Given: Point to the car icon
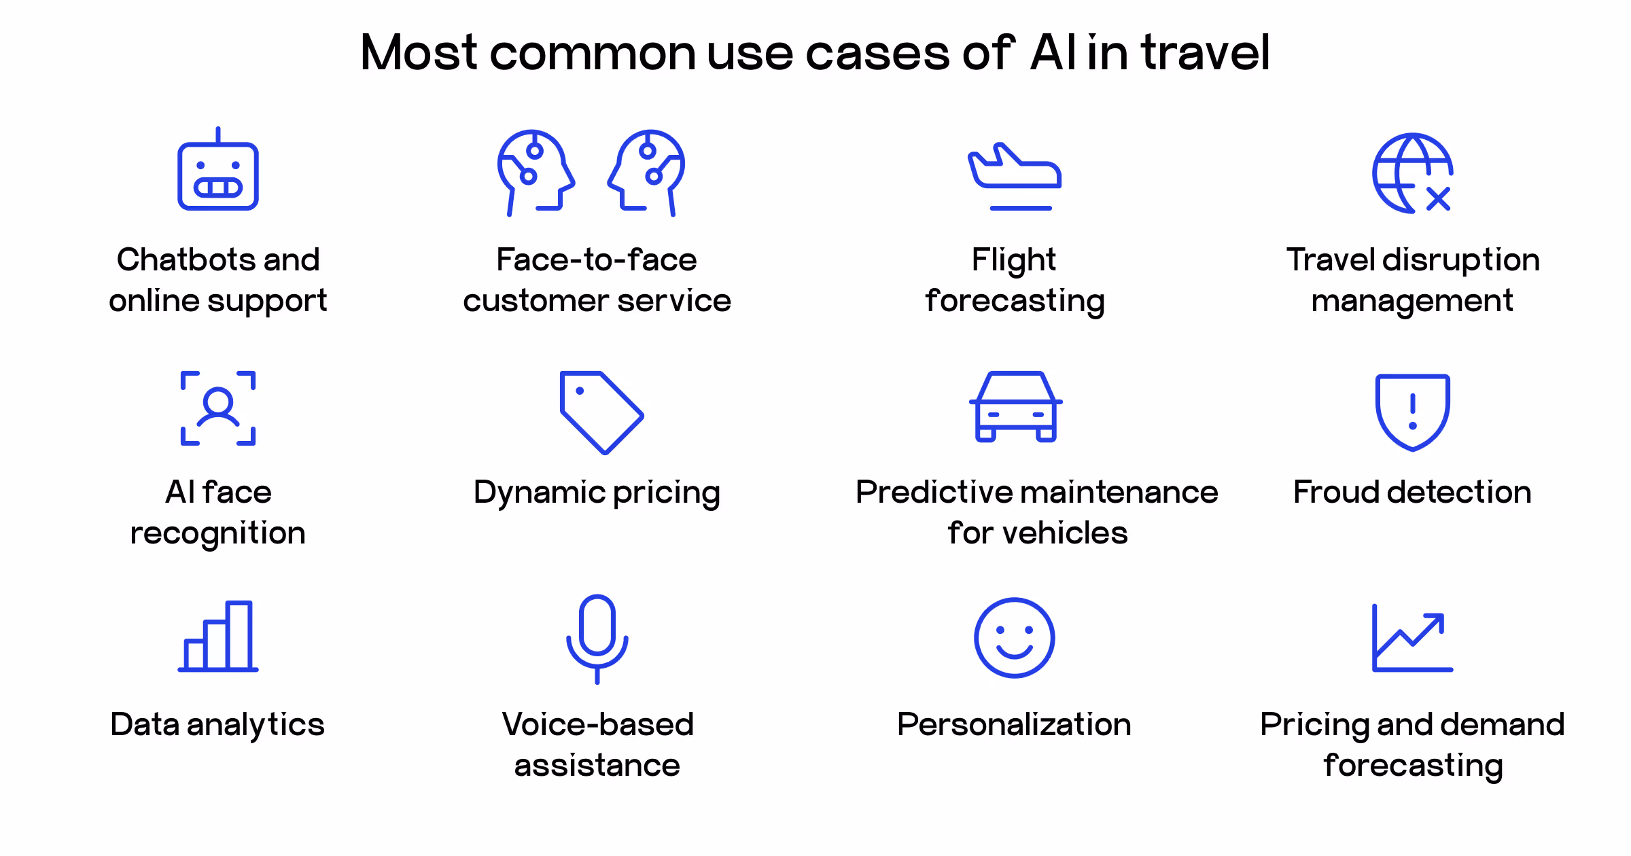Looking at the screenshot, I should coord(1015,408).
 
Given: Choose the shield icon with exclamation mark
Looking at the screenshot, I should coord(1413,412).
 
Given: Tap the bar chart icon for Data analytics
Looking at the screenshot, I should coord(218,637).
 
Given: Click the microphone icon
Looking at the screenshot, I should coord(597,637).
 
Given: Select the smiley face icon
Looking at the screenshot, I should coord(1014,638).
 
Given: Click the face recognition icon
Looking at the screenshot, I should coord(218,408).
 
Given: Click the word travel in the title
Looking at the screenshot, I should coord(1205,52).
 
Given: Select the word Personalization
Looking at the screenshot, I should coord(1014,725).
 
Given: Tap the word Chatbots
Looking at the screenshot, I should coord(186,260).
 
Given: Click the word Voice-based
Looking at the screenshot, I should coord(597,725).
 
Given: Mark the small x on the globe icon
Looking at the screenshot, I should coord(1439,199).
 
